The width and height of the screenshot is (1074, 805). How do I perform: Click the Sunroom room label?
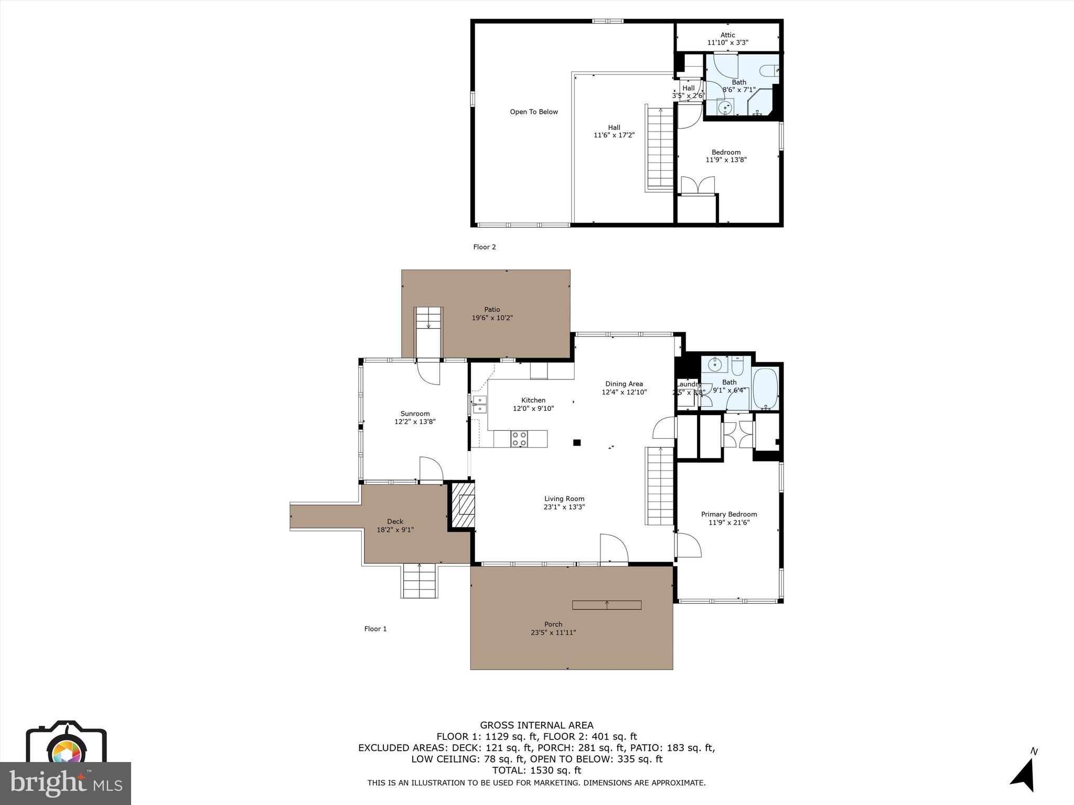point(415,414)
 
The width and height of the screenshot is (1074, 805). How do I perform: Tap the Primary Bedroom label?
point(729,514)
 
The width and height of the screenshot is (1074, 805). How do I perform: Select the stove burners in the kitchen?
point(519,439)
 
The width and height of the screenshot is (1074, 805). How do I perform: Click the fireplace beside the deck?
point(464,505)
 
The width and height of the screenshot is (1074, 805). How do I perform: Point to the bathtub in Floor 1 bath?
point(765,389)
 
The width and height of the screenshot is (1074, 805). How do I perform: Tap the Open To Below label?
point(534,112)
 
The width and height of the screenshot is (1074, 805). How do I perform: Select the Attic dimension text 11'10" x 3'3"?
point(727,42)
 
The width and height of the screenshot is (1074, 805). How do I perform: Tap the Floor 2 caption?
point(484,247)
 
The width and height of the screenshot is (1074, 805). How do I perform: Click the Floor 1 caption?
point(375,628)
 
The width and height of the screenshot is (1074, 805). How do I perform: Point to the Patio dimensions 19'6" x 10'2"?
point(492,318)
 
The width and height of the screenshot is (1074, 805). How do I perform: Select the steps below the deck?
point(420,580)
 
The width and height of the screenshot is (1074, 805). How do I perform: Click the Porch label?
point(553,624)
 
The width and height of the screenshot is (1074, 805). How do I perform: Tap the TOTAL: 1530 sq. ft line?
point(536,770)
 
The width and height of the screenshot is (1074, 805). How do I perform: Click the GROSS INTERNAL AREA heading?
point(536,725)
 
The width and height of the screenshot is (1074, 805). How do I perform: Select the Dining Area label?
point(624,384)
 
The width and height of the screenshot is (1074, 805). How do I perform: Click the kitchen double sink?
point(479,404)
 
